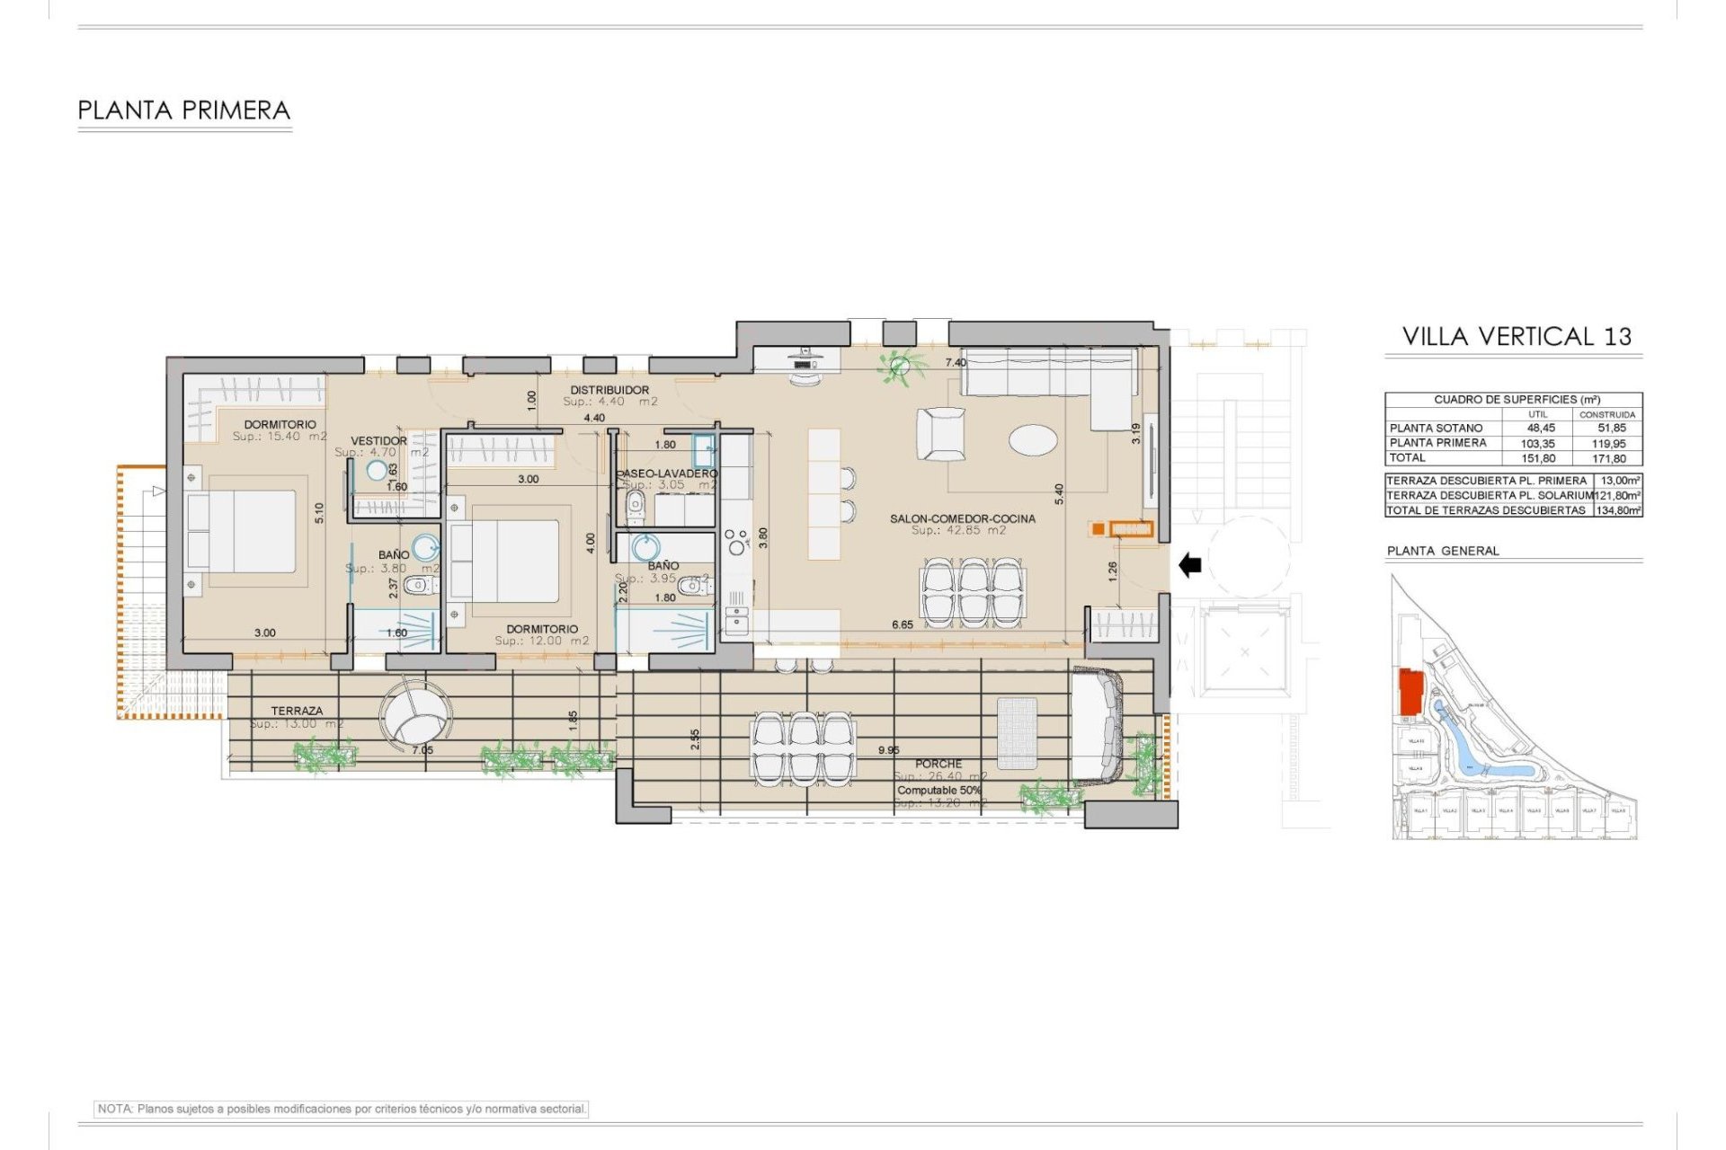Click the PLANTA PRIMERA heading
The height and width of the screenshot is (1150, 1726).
click(184, 111)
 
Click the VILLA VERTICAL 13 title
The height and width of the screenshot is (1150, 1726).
click(1517, 336)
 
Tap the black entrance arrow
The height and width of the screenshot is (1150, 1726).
click(1189, 565)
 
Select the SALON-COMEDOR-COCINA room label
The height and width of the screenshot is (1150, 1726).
click(962, 518)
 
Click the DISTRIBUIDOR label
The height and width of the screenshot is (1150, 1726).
click(609, 390)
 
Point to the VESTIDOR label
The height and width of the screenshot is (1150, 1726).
click(378, 441)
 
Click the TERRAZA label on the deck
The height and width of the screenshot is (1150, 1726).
click(297, 711)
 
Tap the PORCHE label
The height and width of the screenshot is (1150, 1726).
click(939, 764)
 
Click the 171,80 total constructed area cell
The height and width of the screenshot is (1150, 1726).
click(1608, 458)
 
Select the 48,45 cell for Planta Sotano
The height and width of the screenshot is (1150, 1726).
click(1540, 429)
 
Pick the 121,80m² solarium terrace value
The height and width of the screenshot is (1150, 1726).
click(1617, 495)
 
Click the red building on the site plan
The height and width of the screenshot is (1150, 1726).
click(1410, 692)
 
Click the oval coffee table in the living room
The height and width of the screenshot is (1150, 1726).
click(1033, 439)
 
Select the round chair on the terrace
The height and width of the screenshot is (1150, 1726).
click(415, 714)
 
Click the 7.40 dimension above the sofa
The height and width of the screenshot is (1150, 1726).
click(956, 363)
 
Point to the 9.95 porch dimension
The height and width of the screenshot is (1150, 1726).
click(888, 750)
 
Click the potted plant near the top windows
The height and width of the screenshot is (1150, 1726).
click(899, 366)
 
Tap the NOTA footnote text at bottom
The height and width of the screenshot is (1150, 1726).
click(342, 1109)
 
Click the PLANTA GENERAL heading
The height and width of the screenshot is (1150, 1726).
click(1442, 551)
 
